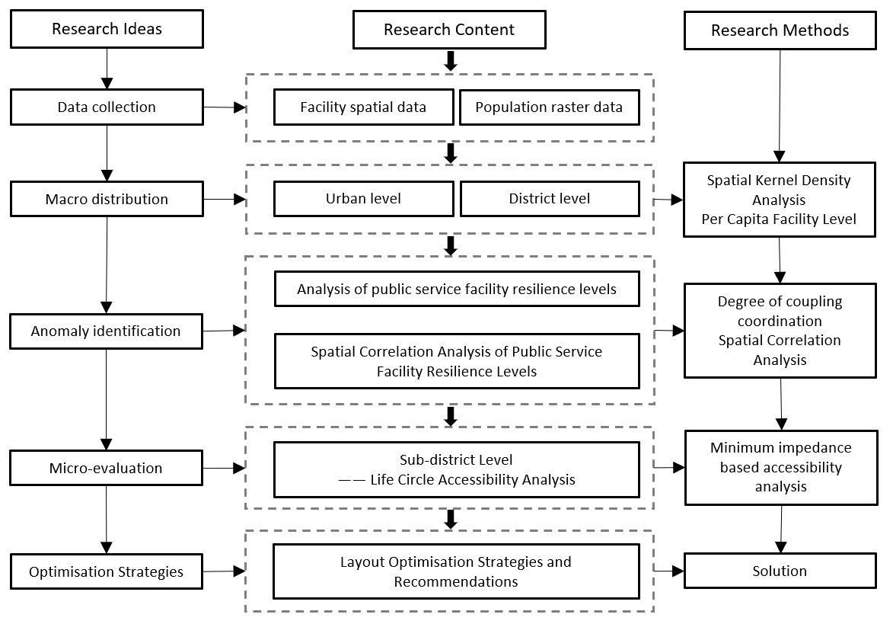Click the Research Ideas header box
[107, 29]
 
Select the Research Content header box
[449, 30]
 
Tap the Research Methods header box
[780, 30]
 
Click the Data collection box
[107, 107]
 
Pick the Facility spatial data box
[364, 107]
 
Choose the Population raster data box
[550, 107]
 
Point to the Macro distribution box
[107, 199]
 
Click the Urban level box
[364, 199]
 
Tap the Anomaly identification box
[106, 331]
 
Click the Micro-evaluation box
[106, 468]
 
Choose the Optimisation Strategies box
[106, 571]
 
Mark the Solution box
[780, 571]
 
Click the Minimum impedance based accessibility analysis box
[781, 467]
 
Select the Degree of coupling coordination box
[780, 331]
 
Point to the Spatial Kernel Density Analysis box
[779, 200]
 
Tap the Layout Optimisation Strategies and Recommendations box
[456, 571]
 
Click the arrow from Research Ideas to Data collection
[107, 69]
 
